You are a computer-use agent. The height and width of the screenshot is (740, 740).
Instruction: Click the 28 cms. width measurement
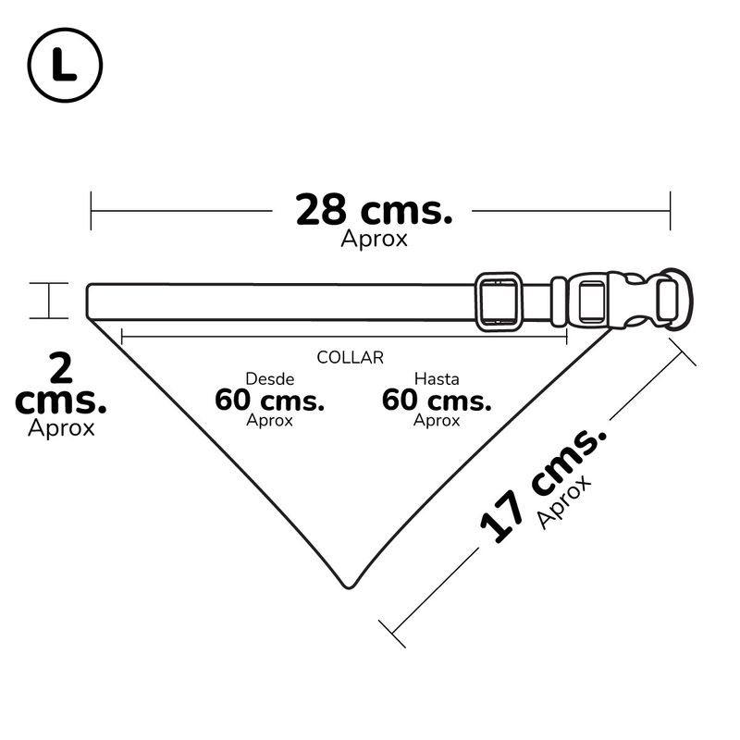(x=374, y=211)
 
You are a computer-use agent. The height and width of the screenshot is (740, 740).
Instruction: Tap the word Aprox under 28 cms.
(x=374, y=239)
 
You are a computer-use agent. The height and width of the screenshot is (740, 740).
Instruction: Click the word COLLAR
(x=350, y=357)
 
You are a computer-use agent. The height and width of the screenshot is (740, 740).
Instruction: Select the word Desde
(x=269, y=378)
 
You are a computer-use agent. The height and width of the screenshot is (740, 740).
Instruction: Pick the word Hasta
(x=437, y=378)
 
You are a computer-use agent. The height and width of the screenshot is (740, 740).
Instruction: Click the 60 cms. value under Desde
(x=269, y=401)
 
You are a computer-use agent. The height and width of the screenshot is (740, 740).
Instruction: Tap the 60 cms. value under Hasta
(x=437, y=401)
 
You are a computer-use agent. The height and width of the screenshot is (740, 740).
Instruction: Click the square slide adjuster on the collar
(x=499, y=301)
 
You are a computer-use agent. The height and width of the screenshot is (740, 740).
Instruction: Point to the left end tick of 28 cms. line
(x=91, y=211)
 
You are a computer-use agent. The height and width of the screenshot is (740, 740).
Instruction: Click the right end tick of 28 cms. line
(x=670, y=211)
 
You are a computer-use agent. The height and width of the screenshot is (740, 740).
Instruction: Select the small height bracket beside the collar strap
(x=48, y=301)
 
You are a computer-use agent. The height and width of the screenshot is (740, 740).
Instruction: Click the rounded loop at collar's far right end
(x=672, y=298)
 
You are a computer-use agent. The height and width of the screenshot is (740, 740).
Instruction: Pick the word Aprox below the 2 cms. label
(x=61, y=429)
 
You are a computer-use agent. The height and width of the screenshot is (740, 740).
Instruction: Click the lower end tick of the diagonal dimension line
(x=393, y=634)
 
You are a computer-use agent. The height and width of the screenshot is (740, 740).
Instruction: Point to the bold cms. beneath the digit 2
(x=61, y=402)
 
